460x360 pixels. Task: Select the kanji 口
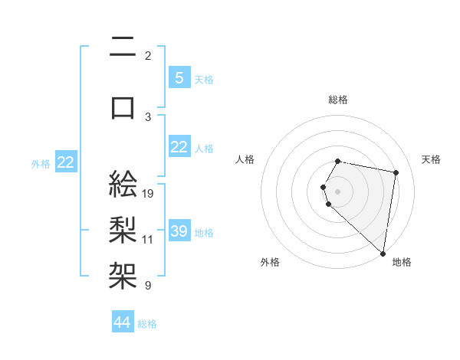123,108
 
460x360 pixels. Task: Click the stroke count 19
149,194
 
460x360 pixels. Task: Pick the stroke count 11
149,239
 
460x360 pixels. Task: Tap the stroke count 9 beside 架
148,286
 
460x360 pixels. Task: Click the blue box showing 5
179,78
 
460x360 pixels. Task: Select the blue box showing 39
179,231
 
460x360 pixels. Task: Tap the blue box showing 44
123,323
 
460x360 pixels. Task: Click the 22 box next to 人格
179,148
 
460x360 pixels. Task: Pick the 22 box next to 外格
66,162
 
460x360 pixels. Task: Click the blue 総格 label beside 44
147,324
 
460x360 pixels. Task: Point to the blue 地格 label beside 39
204,232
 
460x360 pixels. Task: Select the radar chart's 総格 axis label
338,100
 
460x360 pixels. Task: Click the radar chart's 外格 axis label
270,262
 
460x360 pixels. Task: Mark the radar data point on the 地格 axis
383,253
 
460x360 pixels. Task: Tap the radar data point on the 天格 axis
396,173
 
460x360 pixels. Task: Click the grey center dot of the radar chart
338,191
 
